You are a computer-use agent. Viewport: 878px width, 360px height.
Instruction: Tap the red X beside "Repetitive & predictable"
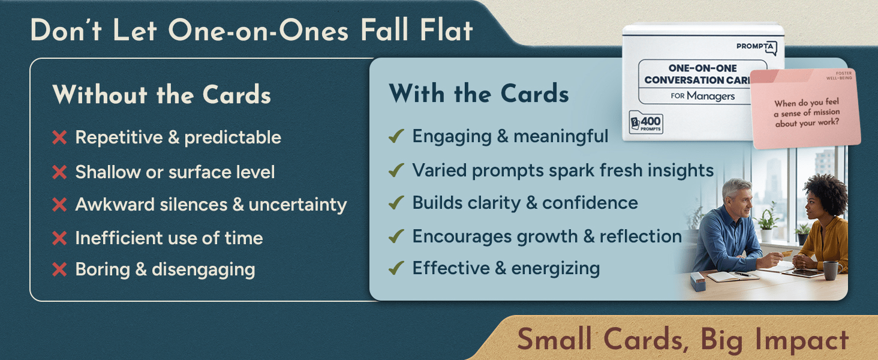point(59,138)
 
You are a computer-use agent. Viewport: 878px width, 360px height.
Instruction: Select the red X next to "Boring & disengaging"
point(59,270)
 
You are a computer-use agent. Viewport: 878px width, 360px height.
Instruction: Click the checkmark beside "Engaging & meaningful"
point(396,137)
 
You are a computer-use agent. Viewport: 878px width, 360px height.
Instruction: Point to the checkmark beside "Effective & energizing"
point(396,268)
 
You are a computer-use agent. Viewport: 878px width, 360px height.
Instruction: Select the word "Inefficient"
point(115,238)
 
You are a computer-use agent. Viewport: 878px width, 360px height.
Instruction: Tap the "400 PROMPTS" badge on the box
point(645,123)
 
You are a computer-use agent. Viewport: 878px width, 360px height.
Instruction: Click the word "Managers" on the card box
point(711,95)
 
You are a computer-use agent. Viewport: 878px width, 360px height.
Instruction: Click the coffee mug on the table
point(831,270)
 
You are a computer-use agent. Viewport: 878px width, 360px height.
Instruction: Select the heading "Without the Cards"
point(161,95)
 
